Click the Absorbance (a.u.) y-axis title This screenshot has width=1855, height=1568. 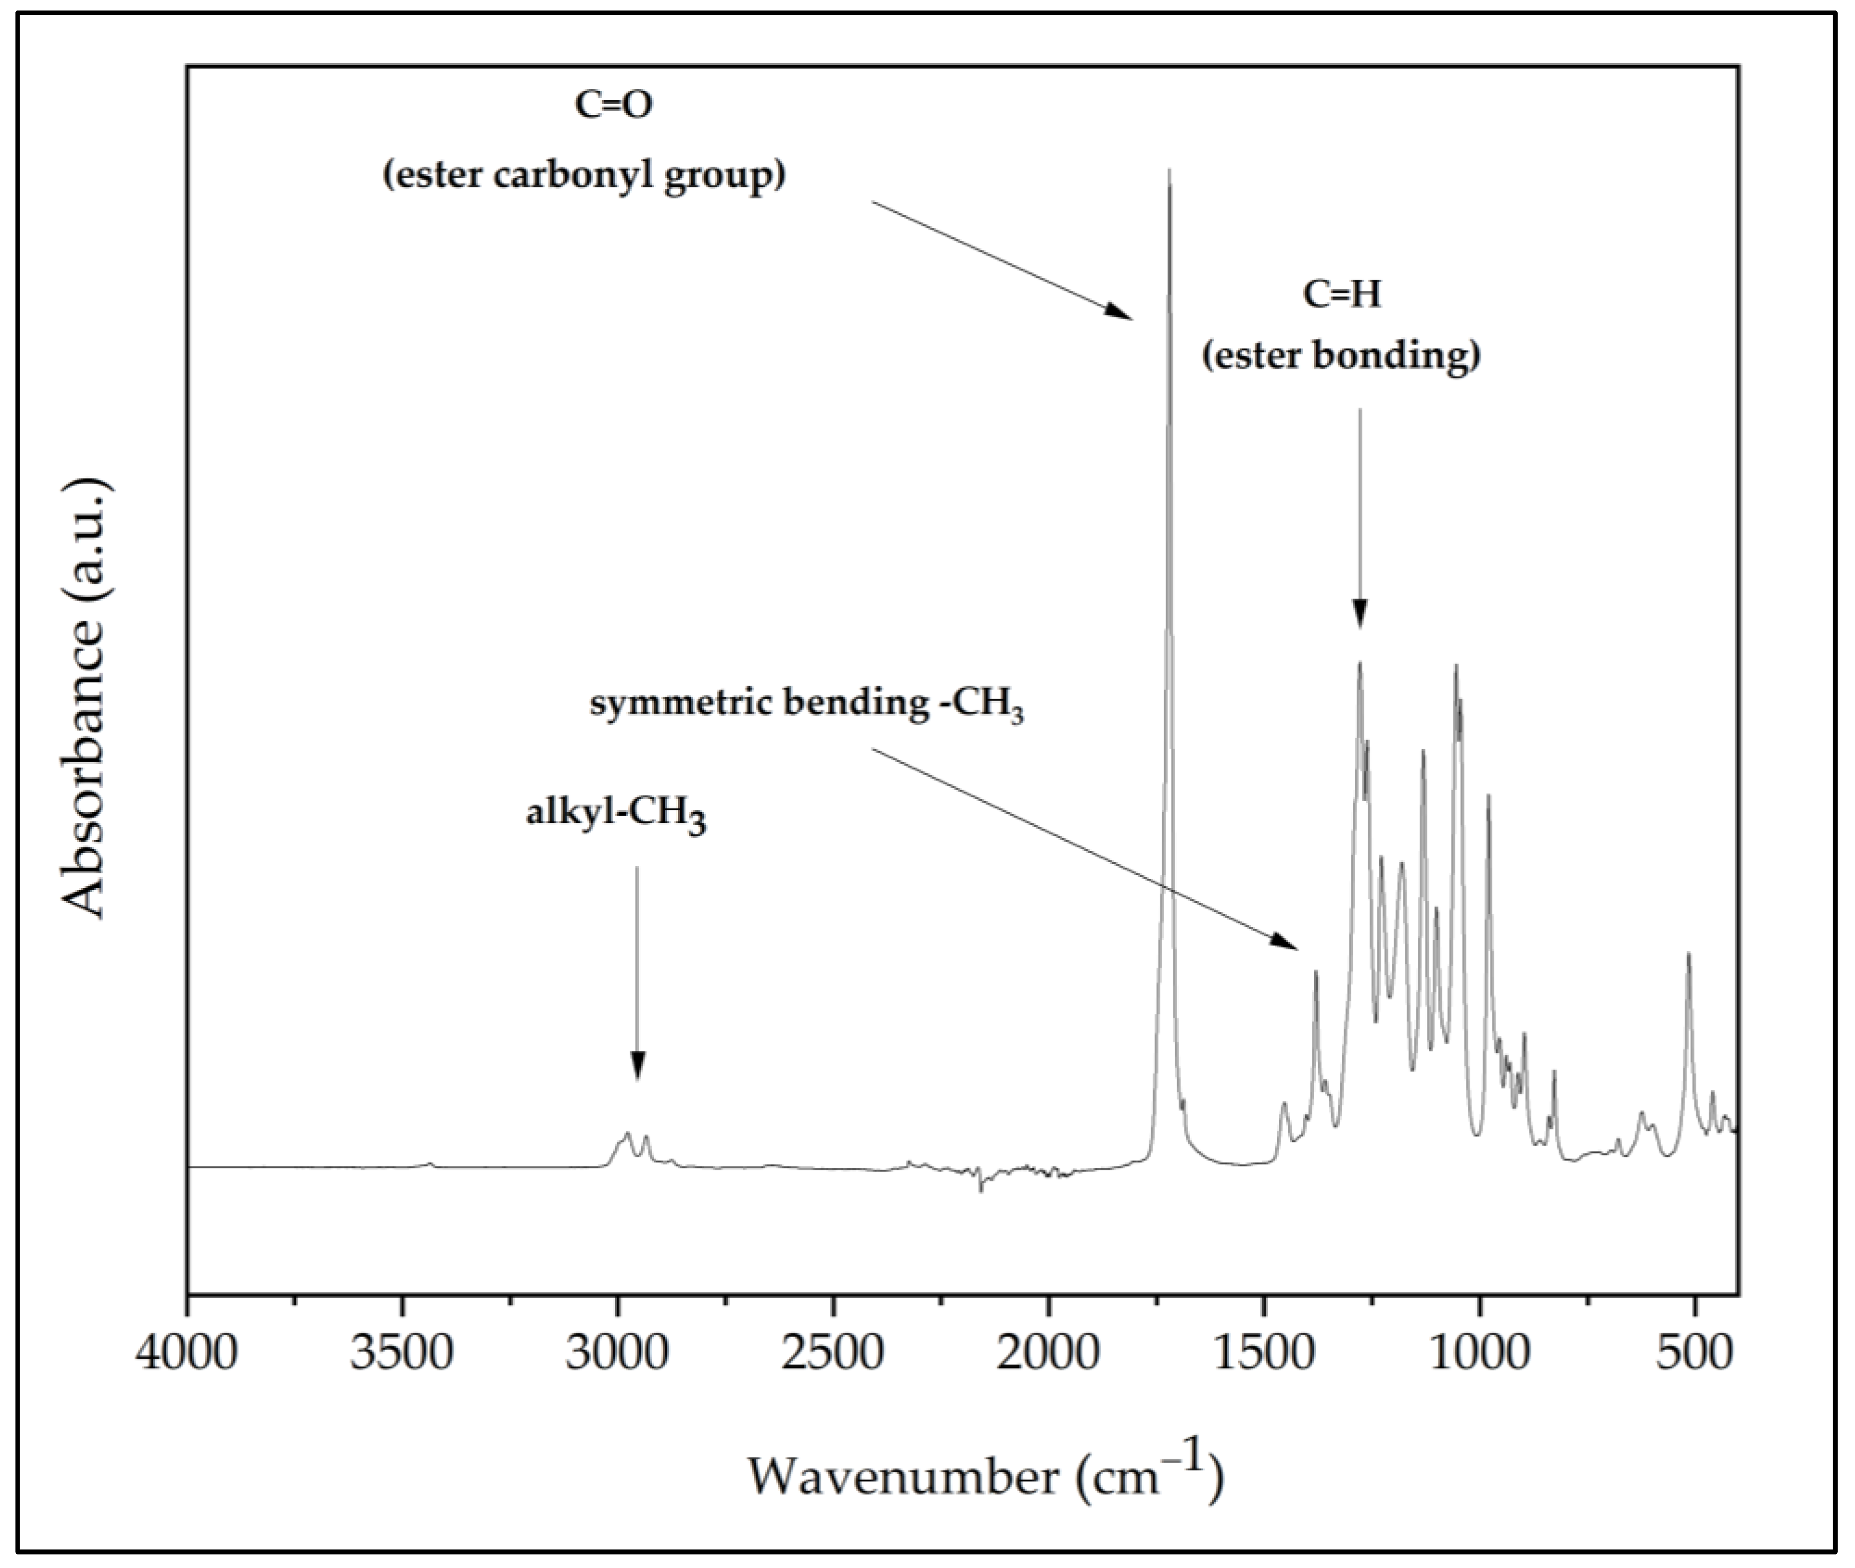point(86,698)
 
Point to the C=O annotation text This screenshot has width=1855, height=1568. point(613,106)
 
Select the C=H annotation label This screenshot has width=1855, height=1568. point(1342,294)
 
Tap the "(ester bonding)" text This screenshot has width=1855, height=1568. point(1341,356)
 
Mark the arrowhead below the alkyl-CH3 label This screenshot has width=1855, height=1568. point(637,1070)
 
